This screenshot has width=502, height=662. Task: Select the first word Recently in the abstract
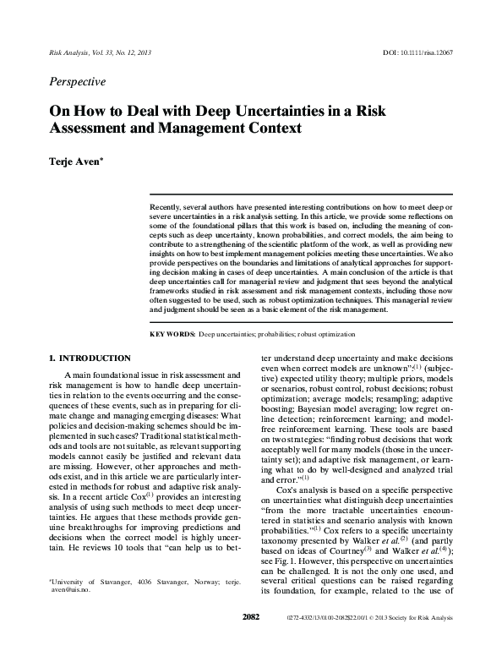click(167, 206)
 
